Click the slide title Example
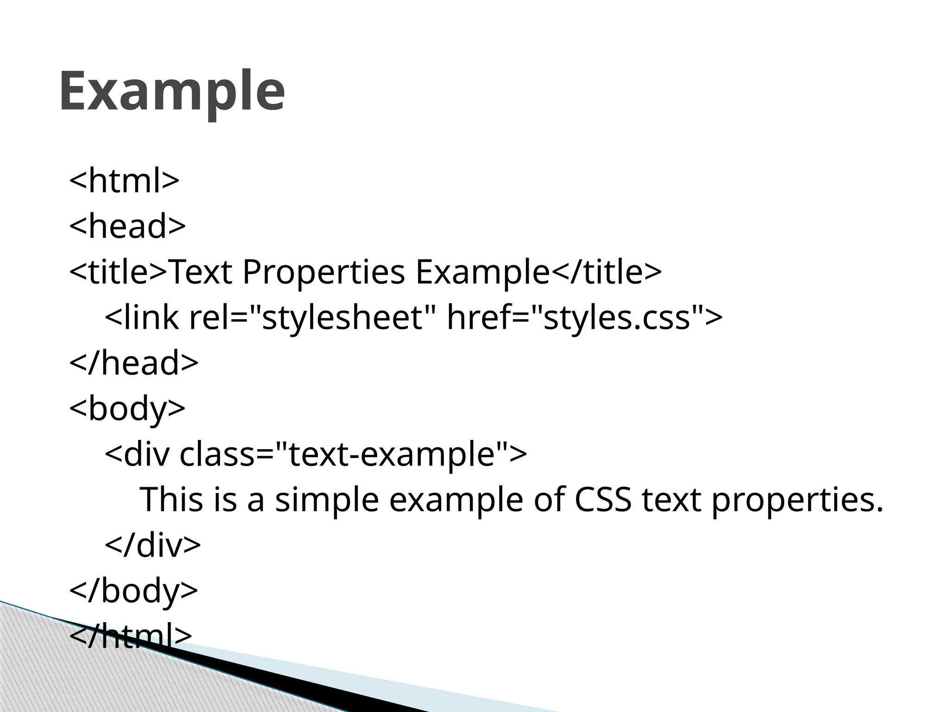pos(171,91)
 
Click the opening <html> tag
pos(124,181)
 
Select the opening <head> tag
pos(127,226)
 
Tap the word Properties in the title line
pos(323,272)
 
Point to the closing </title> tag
pos(606,272)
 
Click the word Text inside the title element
pos(201,272)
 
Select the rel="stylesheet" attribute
pos(306,318)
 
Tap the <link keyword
pos(142,318)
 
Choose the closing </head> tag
pos(133,363)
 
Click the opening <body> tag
pos(127,408)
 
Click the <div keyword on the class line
pos(137,454)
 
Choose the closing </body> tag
pos(133,590)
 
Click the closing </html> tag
pos(130,636)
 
